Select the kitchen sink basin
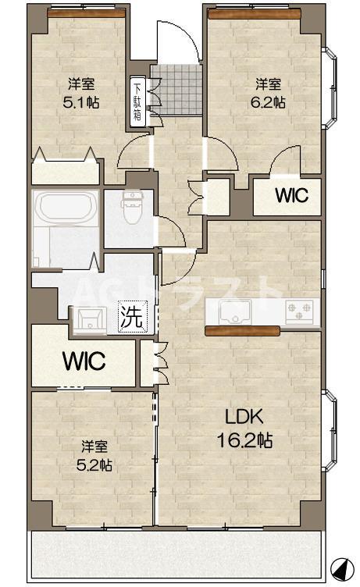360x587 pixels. [x=236, y=311]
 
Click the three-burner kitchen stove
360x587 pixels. [x=299, y=311]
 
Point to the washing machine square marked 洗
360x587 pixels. [x=131, y=317]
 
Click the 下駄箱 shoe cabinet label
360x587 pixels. [x=137, y=101]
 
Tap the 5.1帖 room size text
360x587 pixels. [x=81, y=102]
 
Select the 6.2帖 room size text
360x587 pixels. [x=268, y=102]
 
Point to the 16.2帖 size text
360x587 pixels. [x=244, y=440]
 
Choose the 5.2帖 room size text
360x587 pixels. [x=94, y=465]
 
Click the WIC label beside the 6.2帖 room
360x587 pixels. [x=292, y=195]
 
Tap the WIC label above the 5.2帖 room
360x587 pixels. [x=84, y=361]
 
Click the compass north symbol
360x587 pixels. [x=343, y=568]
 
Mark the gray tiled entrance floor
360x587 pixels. [x=176, y=90]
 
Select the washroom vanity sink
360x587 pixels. [x=90, y=320]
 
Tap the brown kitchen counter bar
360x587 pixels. [x=242, y=330]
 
